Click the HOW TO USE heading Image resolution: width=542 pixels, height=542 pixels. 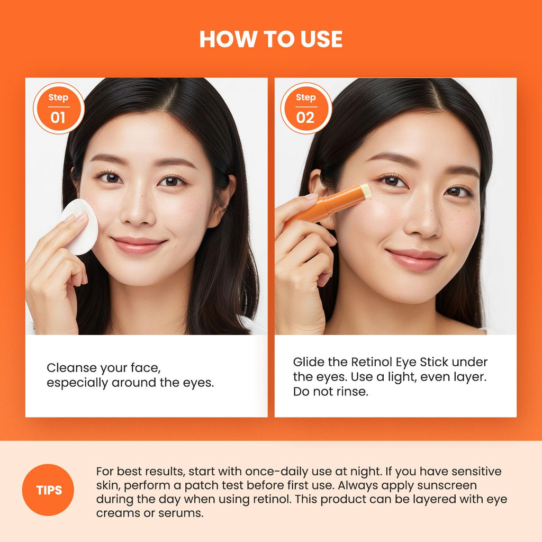coord(270,39)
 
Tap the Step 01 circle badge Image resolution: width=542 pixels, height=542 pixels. coord(59,108)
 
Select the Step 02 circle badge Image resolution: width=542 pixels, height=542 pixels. coord(306,108)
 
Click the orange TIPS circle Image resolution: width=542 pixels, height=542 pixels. coord(48,490)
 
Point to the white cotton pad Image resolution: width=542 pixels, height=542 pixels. coord(80,227)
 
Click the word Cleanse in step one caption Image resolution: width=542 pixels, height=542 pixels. coord(72,368)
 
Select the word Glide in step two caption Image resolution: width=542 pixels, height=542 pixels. coord(309,362)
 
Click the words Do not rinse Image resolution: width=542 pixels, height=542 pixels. coord(331,392)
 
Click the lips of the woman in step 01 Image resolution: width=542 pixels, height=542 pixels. coord(138,245)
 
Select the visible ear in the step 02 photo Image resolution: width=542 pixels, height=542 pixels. coord(318,194)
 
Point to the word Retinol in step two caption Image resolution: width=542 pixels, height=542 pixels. coord(372,362)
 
